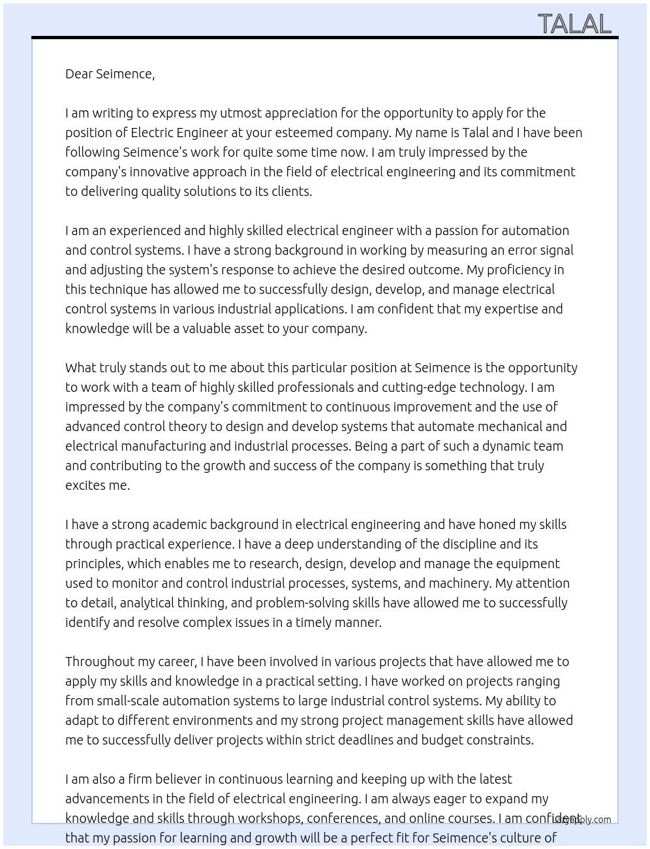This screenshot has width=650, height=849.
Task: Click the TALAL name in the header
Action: (x=574, y=24)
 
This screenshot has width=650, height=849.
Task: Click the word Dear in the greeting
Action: (x=79, y=74)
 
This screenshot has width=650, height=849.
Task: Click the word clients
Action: (x=292, y=191)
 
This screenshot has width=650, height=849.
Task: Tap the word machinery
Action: (x=461, y=583)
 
